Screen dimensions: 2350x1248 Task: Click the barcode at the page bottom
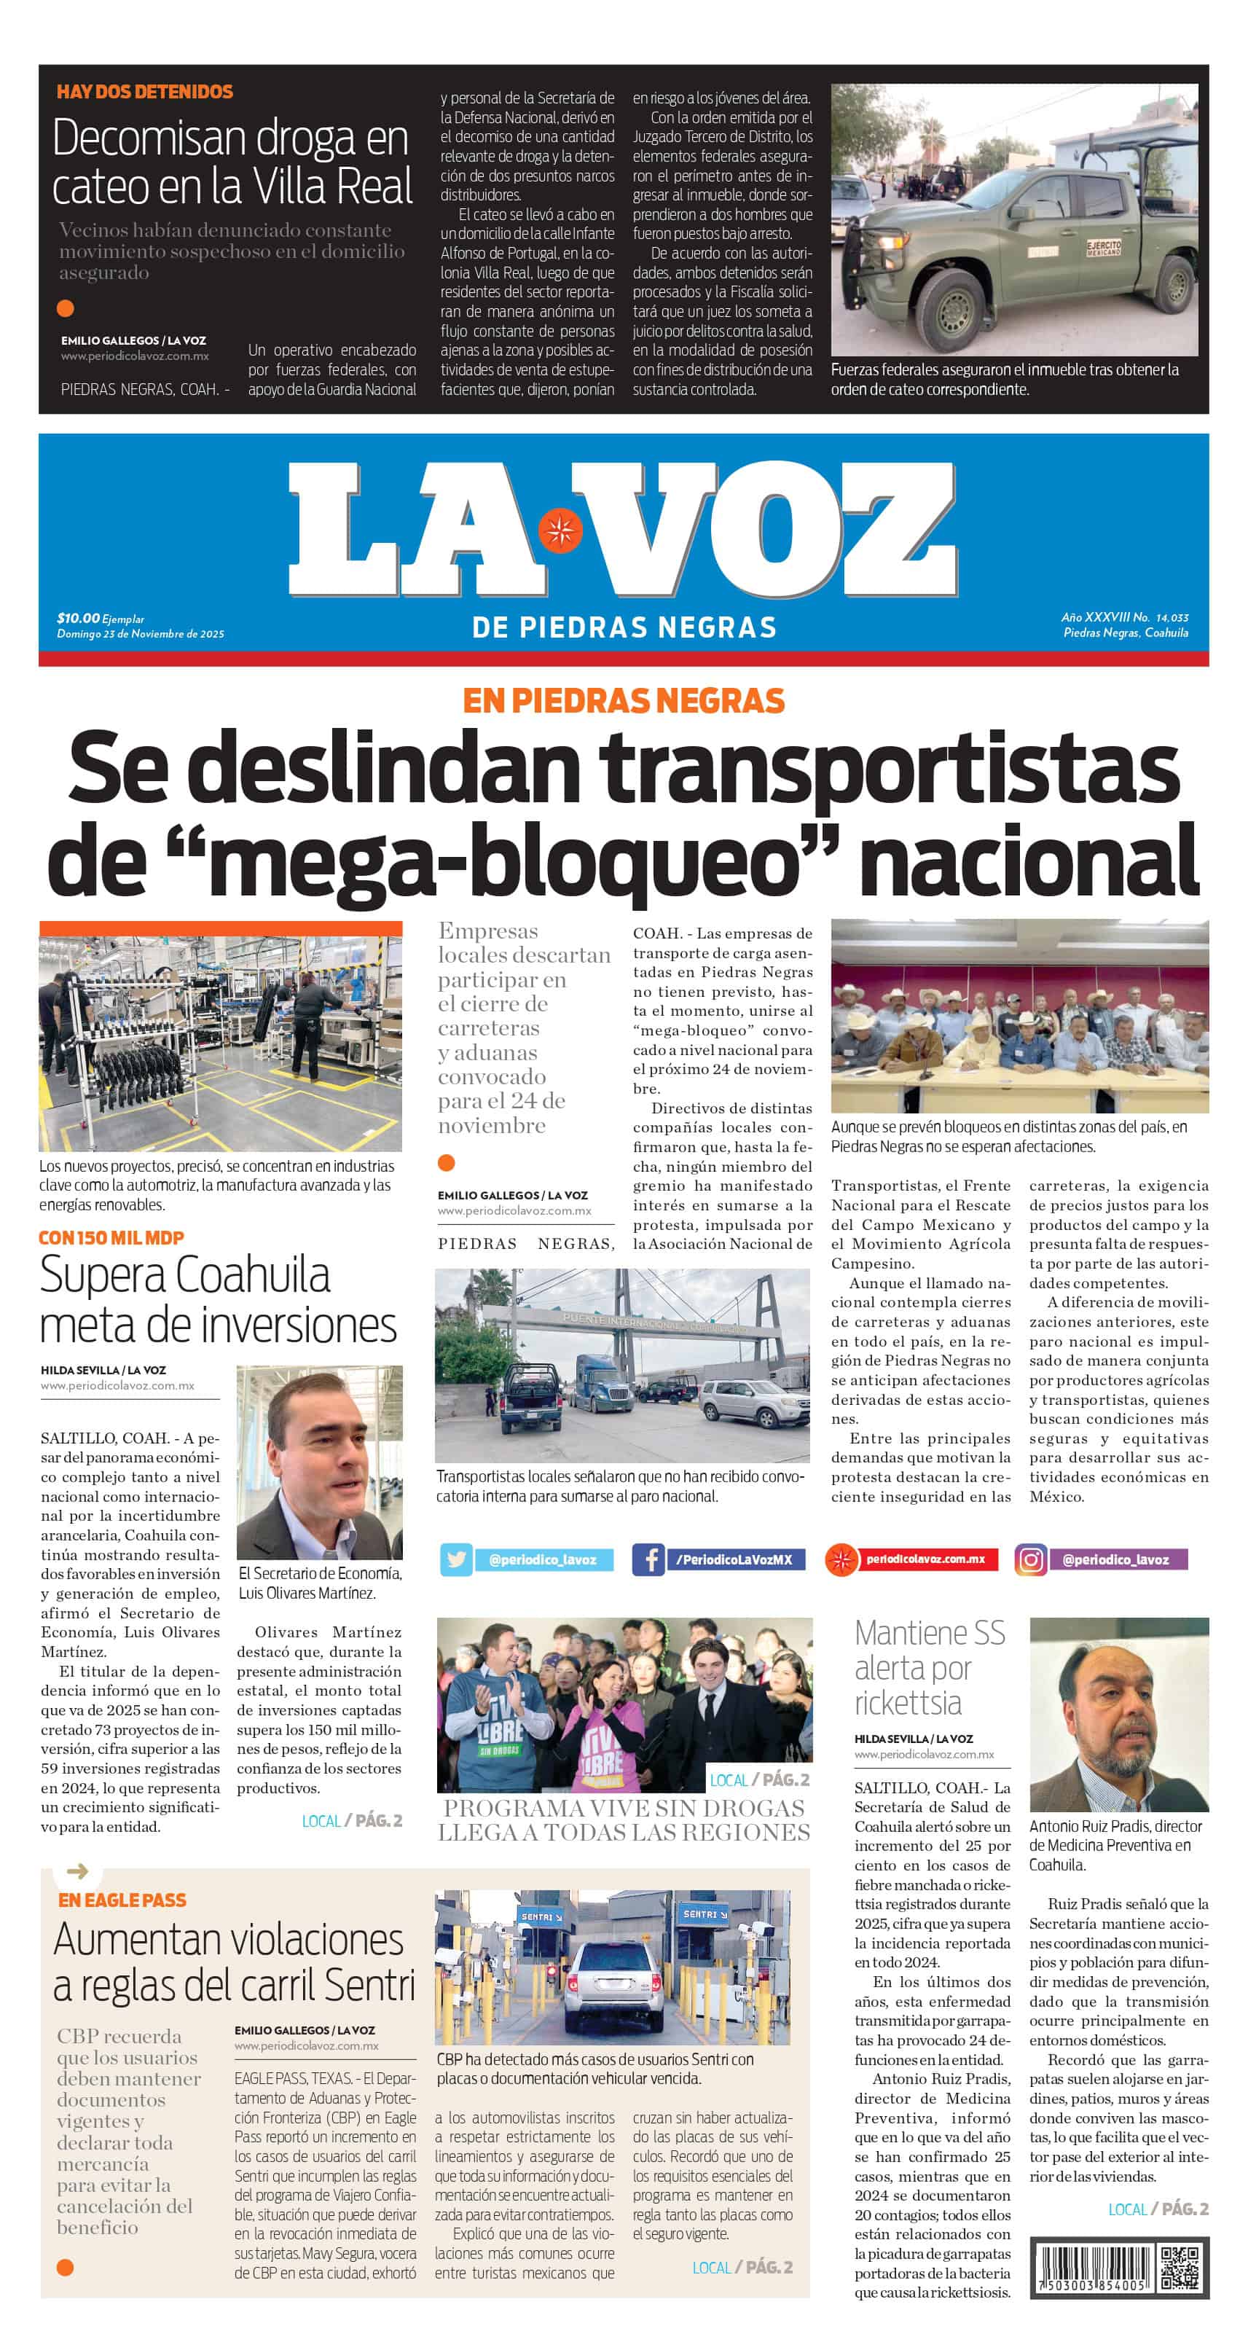1093,2268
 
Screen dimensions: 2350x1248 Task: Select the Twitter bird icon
456,1560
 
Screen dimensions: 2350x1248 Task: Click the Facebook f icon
648,1560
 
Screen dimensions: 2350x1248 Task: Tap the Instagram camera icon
1031,1560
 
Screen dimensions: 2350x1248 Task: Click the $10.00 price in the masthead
79,619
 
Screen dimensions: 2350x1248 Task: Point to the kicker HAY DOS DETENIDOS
144,92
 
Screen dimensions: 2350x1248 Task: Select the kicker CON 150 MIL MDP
111,1238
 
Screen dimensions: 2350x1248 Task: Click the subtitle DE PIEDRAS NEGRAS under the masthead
624,627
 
